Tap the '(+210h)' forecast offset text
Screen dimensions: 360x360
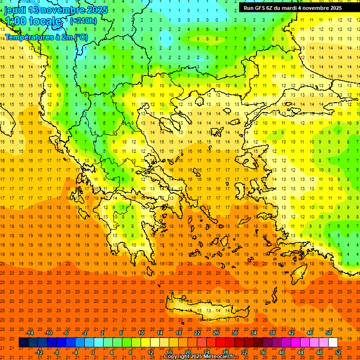coord(83,21)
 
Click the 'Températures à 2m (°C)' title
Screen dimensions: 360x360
coord(46,37)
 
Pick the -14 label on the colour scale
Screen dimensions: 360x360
coord(30,333)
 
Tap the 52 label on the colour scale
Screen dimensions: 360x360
coord(338,352)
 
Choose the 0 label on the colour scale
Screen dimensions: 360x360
coord(93,352)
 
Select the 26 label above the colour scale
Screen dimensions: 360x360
coord(216,333)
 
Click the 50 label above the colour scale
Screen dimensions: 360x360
coord(328,333)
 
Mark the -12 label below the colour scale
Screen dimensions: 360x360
coord(39,352)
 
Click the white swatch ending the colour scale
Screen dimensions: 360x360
coord(333,343)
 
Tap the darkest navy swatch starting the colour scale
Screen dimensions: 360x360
coord(23,343)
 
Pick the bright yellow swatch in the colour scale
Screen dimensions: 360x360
coord(145,343)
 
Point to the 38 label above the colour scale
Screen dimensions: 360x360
coord(272,333)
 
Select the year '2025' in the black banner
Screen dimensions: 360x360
coord(334,8)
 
